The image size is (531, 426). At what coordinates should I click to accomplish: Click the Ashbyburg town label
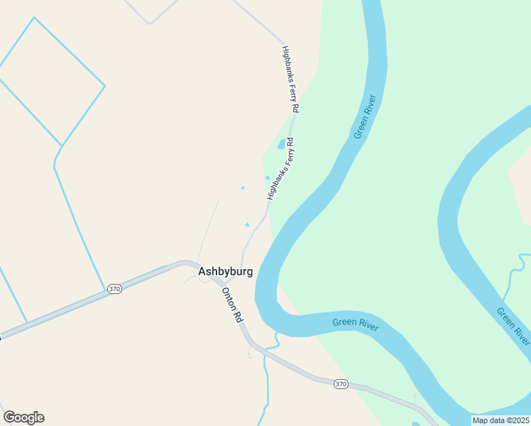coord(225,271)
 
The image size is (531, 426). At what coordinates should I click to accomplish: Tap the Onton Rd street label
coord(232,306)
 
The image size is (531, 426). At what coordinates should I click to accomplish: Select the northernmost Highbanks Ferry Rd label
coord(290,80)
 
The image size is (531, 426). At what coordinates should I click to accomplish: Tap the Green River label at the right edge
coord(513,324)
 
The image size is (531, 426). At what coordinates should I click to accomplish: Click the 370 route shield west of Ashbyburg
coord(114,289)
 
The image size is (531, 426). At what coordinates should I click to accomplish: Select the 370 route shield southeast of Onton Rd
coord(341,384)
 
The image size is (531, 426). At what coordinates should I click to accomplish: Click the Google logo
coord(23,417)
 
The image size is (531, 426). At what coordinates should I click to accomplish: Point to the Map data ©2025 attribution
coord(500,420)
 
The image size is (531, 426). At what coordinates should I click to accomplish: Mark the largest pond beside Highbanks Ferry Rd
coord(282,144)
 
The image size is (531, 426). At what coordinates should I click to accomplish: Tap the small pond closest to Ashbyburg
coord(247,225)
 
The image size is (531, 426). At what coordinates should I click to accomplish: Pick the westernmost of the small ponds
coord(243,188)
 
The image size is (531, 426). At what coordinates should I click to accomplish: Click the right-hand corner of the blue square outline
coord(105,87)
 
